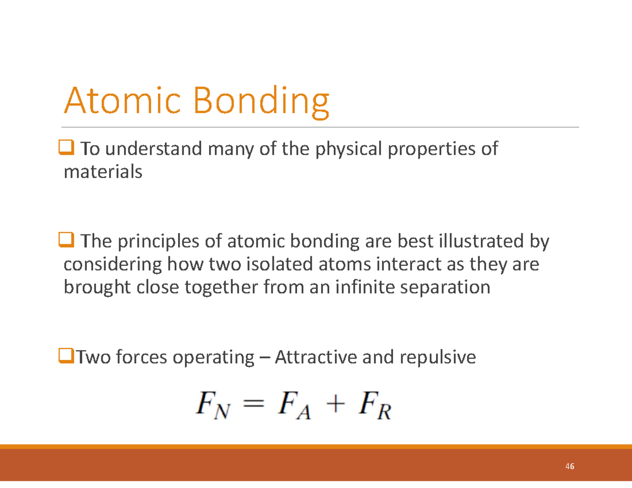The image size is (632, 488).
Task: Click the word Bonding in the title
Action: [261, 102]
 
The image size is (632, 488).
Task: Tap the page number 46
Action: [569, 467]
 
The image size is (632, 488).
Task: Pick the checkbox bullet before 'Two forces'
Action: [65, 358]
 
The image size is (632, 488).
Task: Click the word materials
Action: [103, 172]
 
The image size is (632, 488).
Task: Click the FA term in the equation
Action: [294, 406]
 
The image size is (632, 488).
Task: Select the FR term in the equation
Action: [374, 406]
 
